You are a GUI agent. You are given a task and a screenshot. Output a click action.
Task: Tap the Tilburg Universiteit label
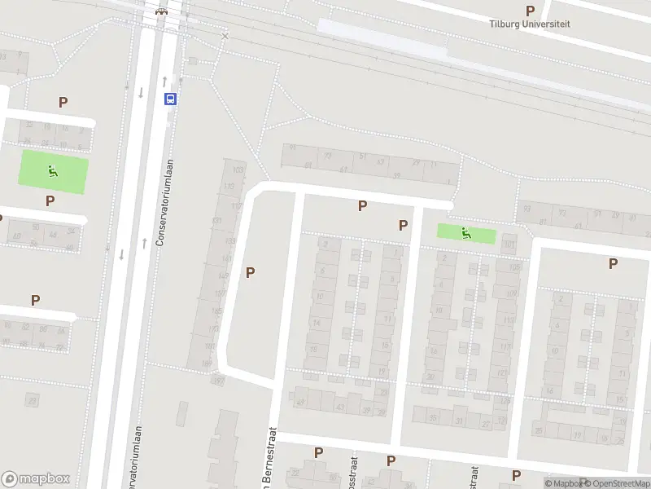tap(530, 24)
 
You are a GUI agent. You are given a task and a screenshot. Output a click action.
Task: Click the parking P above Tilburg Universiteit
tap(531, 11)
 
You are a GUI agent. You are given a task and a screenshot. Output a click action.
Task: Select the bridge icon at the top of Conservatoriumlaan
tap(161, 11)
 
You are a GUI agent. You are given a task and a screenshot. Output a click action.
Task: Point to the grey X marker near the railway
tap(225, 36)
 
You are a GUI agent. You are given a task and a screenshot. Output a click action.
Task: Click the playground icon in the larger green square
tap(53, 171)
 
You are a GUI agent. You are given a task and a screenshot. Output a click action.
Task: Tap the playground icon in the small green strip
tap(465, 233)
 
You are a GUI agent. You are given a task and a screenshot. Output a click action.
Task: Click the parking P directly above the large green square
tap(63, 102)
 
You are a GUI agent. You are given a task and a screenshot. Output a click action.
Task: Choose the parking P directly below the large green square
tap(50, 200)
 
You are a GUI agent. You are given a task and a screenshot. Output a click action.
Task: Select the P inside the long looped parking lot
tap(250, 273)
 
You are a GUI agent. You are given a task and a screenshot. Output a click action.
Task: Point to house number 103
tap(238, 170)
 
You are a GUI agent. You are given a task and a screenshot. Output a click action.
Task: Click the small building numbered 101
tap(510, 244)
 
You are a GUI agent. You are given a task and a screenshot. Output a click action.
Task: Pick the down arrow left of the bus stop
tap(141, 92)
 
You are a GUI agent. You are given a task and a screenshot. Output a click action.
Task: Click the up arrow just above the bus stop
tap(164, 81)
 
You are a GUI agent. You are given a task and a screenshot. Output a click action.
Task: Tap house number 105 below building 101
tap(513, 267)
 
